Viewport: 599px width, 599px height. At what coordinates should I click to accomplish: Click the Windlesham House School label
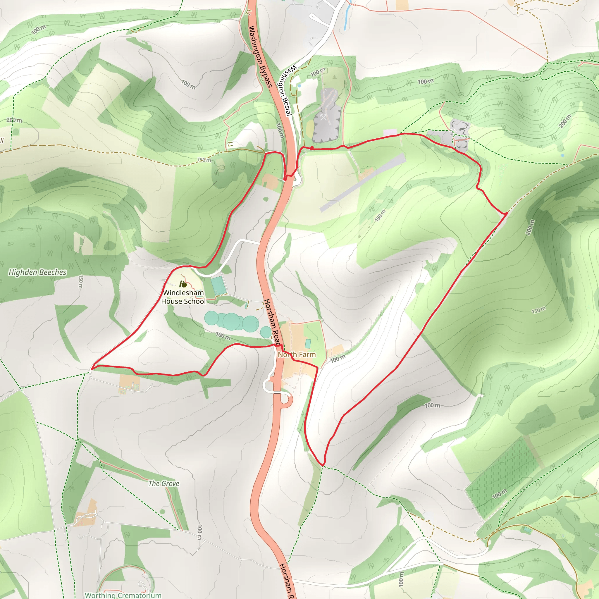click(x=183, y=297)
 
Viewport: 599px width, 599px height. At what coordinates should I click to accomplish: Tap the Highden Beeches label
click(x=37, y=272)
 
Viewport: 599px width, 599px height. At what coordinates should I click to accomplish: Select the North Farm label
click(x=297, y=354)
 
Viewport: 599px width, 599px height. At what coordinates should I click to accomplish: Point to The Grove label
click(x=164, y=483)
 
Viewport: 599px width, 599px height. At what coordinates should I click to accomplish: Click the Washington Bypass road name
click(x=260, y=56)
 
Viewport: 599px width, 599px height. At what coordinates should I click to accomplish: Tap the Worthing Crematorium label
click(x=123, y=595)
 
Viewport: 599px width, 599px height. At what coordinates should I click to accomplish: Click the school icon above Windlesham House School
click(x=183, y=284)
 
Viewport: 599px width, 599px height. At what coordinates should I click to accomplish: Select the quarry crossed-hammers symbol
click(x=324, y=117)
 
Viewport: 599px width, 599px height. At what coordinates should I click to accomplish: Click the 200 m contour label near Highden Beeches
click(x=14, y=120)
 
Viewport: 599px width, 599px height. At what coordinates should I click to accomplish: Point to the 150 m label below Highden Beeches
click(x=81, y=282)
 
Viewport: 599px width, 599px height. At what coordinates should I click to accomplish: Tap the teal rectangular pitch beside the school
click(x=218, y=285)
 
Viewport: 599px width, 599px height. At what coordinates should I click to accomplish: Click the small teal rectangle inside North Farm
click(x=308, y=344)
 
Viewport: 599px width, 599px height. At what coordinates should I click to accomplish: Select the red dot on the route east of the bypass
click(x=311, y=148)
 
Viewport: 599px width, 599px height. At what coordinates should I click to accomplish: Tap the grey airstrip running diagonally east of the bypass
click(x=363, y=182)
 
